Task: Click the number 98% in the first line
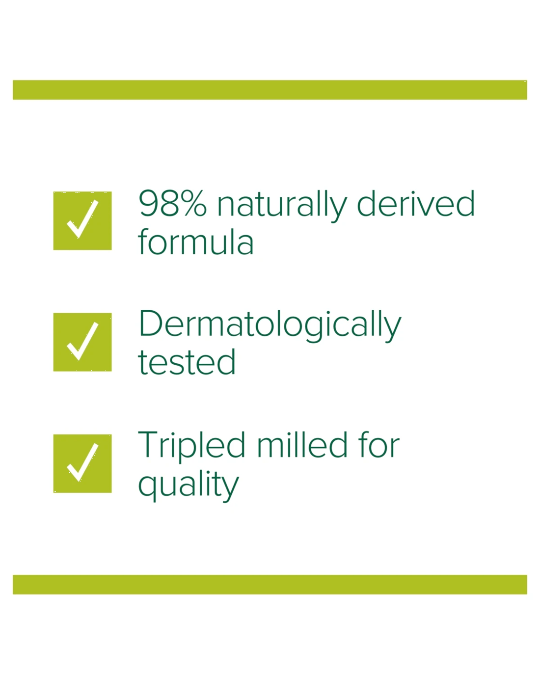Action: pos(173,203)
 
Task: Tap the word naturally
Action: pos(282,206)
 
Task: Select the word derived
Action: pos(416,203)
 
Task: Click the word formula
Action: pos(195,242)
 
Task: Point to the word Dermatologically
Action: pos(270,326)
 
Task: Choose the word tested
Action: pos(187,362)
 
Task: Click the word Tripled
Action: pos(191,447)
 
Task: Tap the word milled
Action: pos(302,444)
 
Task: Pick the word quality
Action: pos(189,485)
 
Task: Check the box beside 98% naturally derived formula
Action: pos(82,221)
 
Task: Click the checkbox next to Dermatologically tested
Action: pos(82,342)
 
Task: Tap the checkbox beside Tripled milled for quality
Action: pos(82,463)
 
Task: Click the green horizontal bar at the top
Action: pos(270,90)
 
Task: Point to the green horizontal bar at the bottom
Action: pos(270,585)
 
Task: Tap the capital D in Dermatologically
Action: pos(150,324)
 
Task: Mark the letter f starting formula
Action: pos(142,241)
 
